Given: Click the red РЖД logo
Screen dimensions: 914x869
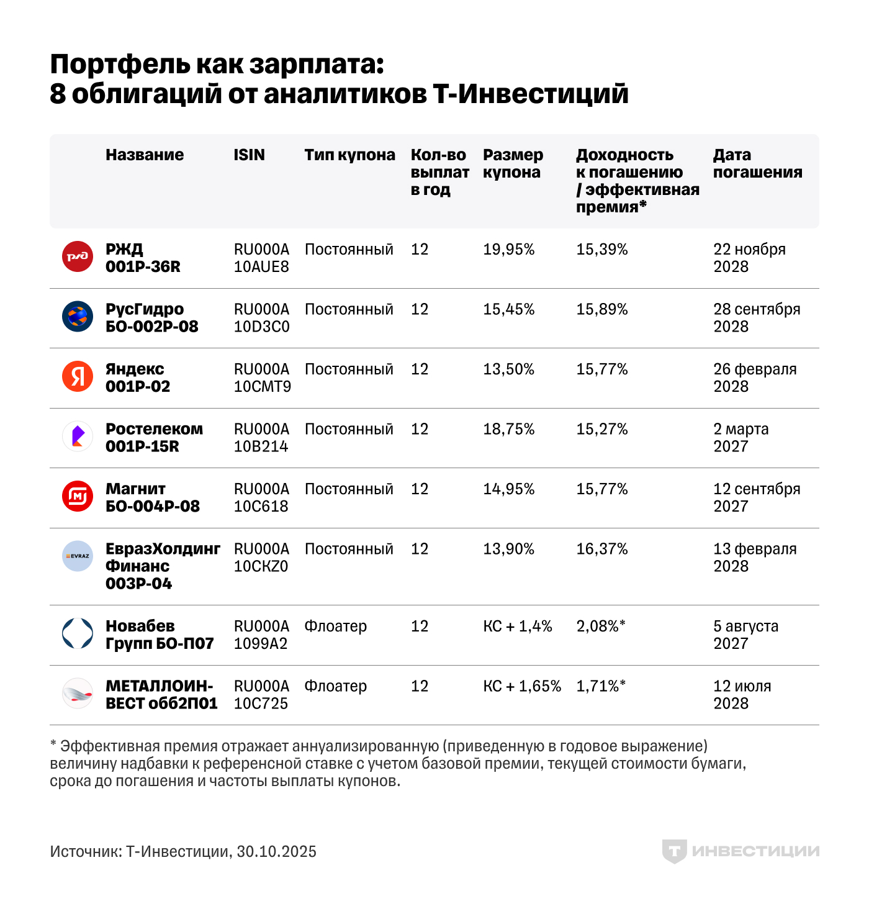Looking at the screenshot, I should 78,256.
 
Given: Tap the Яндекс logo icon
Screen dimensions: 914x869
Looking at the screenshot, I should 78,376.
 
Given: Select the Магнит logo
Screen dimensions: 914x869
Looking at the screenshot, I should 78,496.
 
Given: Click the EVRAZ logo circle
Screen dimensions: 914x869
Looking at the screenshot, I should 78,556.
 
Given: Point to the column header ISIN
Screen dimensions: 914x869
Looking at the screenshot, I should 249,155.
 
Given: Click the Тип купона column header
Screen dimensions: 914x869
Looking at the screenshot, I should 349,155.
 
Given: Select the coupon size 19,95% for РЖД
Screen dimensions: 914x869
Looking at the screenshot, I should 508,250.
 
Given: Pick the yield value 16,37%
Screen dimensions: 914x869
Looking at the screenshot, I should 601,549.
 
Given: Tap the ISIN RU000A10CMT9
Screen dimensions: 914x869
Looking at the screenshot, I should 262,378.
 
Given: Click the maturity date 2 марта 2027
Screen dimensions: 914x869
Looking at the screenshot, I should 741,437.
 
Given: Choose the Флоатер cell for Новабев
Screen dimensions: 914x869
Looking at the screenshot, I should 335,626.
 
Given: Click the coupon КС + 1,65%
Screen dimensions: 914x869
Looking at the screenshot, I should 521,686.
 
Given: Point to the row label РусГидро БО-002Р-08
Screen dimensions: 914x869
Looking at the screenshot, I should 151,317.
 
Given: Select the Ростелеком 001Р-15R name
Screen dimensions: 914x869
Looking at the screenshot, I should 154,437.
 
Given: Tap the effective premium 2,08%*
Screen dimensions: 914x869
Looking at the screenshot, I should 600,626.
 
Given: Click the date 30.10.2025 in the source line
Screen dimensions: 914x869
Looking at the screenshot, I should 276,851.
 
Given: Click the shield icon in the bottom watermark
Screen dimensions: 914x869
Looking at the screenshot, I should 673,851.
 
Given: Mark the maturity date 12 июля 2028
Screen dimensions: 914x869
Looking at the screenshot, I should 742,694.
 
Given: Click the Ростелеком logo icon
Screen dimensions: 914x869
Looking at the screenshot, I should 78,436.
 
